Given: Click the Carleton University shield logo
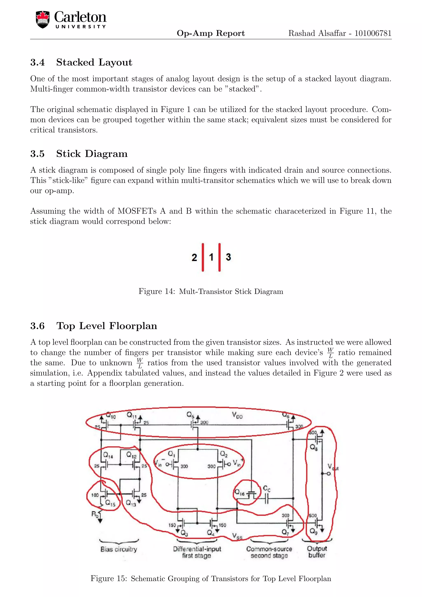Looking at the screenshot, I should tap(43, 20).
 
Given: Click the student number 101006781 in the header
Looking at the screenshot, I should tap(373, 33).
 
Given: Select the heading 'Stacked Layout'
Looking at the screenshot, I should tap(94, 62).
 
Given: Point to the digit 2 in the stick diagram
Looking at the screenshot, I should tap(194, 257).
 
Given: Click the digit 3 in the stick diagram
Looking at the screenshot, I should tap(228, 257).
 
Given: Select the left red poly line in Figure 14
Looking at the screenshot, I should tap(203, 257).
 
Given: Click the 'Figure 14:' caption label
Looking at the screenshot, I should tap(157, 291).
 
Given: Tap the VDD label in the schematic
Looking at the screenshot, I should tap(237, 416).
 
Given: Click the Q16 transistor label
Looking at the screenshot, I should tap(239, 492).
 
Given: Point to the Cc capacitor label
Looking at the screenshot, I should tap(267, 489).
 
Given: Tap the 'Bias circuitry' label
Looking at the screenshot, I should tap(119, 549).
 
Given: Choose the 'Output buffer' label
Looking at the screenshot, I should tap(317, 552).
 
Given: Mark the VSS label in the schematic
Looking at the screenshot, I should tap(237, 536).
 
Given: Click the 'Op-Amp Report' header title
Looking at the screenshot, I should tap(211, 33).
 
